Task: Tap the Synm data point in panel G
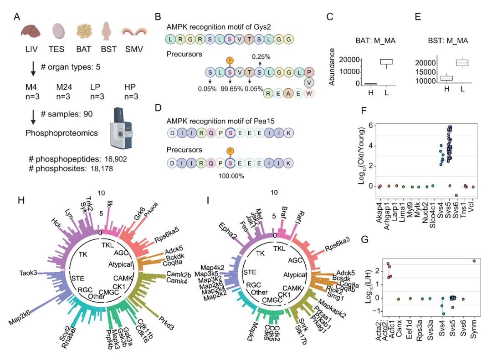[474, 261]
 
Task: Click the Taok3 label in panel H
[29, 273]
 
